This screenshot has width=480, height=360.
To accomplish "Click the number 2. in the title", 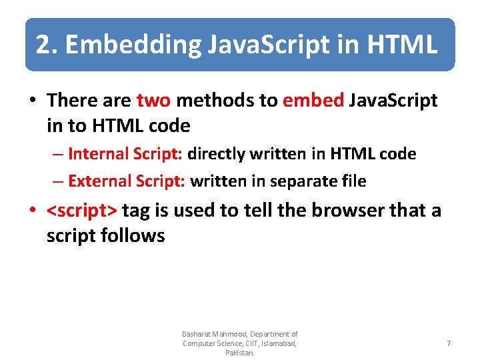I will pyautogui.click(x=46, y=45).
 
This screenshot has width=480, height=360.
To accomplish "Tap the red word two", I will pyautogui.click(x=153, y=101).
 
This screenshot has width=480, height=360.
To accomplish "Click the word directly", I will pyautogui.click(x=217, y=154).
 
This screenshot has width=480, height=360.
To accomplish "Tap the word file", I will pyautogui.click(x=354, y=181).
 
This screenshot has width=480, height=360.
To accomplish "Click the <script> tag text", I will pyautogui.click(x=82, y=211).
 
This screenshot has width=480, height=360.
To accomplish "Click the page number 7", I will pyautogui.click(x=449, y=343).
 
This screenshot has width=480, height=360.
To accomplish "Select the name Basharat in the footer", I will pyautogui.click(x=198, y=334).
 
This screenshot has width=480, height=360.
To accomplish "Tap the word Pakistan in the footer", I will pyautogui.click(x=239, y=353).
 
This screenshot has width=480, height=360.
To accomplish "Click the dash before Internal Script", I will pyautogui.click(x=59, y=155).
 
